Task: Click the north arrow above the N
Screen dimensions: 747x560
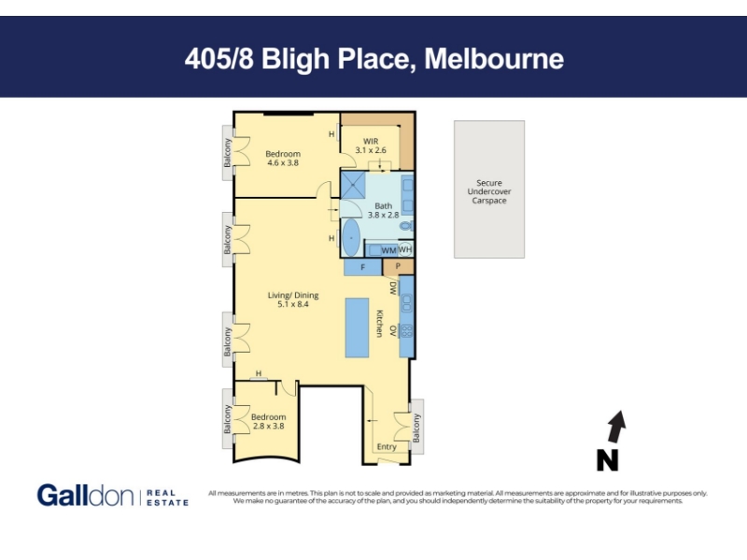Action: (x=616, y=427)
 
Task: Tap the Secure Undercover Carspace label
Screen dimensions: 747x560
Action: (x=489, y=191)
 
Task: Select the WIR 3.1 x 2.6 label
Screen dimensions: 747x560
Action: (x=371, y=146)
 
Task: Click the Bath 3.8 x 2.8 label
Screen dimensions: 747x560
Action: (x=383, y=211)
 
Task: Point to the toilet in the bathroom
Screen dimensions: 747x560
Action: (x=406, y=226)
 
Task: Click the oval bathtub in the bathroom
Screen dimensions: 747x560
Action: (x=352, y=238)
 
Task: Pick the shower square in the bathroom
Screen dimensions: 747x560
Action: (x=353, y=185)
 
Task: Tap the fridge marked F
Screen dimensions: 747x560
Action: (x=362, y=267)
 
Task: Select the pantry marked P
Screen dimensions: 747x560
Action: (x=399, y=267)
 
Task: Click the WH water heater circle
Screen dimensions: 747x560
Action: (x=405, y=249)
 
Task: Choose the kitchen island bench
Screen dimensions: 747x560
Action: (x=358, y=328)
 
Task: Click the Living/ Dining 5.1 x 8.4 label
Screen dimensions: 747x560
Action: (x=293, y=300)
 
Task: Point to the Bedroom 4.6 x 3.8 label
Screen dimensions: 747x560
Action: (x=283, y=158)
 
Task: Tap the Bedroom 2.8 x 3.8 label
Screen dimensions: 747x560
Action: (x=269, y=422)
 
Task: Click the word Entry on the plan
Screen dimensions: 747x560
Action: (x=387, y=447)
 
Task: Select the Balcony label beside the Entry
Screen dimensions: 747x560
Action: (x=416, y=427)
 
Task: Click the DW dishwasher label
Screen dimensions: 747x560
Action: (x=393, y=287)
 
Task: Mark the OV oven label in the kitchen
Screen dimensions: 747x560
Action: (x=393, y=330)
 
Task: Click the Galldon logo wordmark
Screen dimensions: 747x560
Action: (x=86, y=496)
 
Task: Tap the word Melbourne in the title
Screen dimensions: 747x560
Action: (x=494, y=59)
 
